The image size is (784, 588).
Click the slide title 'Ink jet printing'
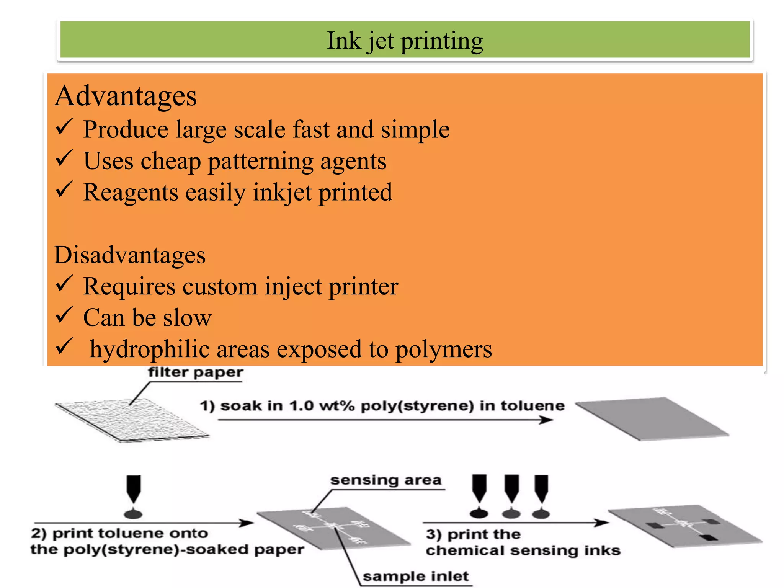[405, 41]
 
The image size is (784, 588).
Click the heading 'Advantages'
[126, 96]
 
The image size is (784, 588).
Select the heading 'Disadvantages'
[130, 255]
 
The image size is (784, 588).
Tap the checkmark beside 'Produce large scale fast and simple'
[64, 127]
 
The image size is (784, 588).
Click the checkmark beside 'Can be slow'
[64, 315]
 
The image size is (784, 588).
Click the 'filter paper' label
[195, 372]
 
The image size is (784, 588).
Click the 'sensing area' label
[386, 480]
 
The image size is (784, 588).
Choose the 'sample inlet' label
[416, 576]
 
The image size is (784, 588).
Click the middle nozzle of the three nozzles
[511, 488]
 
